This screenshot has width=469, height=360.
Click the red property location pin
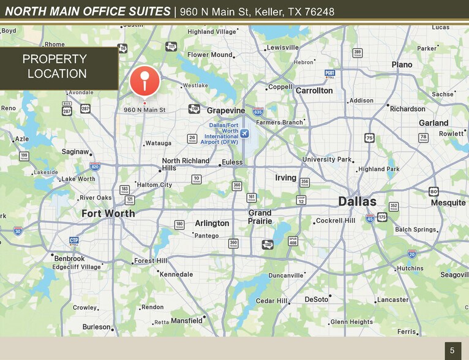144,80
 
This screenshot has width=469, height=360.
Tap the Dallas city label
358,201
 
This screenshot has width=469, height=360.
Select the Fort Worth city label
108,214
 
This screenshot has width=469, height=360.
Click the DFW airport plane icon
246,133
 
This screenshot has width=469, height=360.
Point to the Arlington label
212,223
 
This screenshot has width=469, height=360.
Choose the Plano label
402,65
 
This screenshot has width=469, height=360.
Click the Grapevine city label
226,111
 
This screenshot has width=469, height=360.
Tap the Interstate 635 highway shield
258,112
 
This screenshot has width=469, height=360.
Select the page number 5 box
452,350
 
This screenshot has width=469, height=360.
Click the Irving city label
285,178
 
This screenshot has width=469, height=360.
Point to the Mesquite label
448,203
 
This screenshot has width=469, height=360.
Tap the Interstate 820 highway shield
95,166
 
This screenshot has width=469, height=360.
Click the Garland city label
433,123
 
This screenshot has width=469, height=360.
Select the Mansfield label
187,321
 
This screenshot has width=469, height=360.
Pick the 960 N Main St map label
144,110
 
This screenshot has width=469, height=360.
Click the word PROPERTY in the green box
54,59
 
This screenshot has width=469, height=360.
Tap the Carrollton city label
314,91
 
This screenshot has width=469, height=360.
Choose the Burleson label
97,327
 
